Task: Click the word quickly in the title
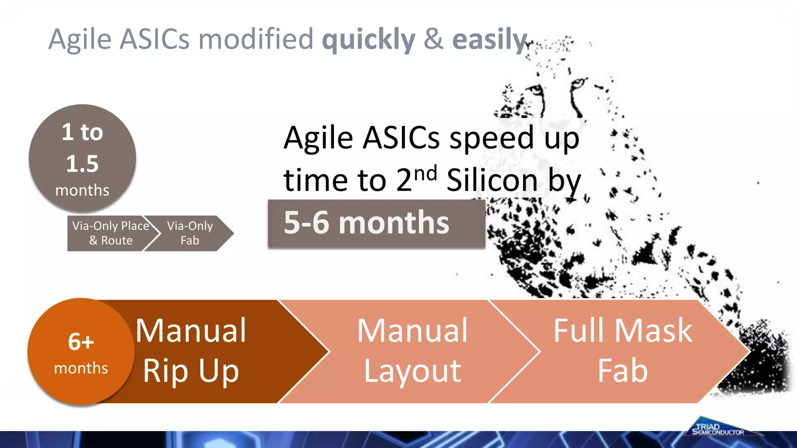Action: [369, 40]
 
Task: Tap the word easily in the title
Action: [490, 40]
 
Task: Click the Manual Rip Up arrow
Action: [202, 351]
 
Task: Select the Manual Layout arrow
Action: [413, 351]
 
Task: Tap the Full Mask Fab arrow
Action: [623, 351]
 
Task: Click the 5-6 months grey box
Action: [376, 224]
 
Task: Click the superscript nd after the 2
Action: [426, 173]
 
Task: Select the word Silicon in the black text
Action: [492, 180]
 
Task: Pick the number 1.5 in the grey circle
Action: [82, 164]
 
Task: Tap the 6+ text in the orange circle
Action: [81, 342]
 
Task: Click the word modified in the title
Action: [256, 40]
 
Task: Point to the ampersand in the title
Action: [434, 40]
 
